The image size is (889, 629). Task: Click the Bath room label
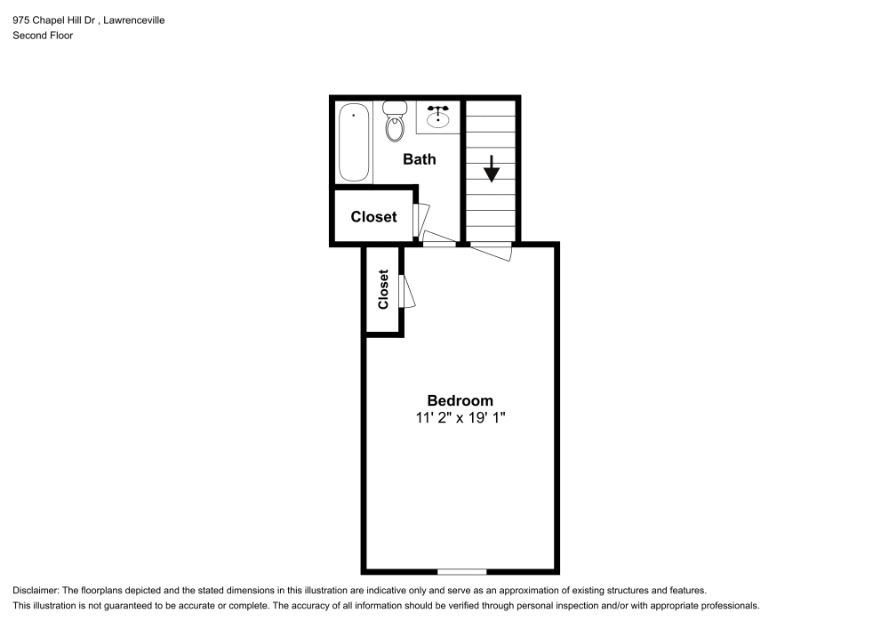pos(420,160)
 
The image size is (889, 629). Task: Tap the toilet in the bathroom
pos(394,122)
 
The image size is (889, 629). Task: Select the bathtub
pos(354,142)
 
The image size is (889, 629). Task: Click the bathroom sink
pos(437,117)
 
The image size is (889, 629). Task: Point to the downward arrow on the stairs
pos(491,168)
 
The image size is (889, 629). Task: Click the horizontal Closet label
pos(373,217)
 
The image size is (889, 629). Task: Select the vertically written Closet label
pos(383,289)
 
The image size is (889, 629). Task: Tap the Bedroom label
pos(460,400)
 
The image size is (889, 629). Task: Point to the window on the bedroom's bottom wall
pos(461,570)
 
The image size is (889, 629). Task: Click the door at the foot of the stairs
pos(492,250)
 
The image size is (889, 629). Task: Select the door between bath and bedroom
pos(439,239)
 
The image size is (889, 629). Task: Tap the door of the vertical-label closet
pos(407,292)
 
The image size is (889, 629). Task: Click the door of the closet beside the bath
pos(421,217)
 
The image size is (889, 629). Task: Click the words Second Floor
pos(43,36)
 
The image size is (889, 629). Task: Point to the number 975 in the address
pos(20,20)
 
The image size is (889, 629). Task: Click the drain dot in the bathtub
pos(354,115)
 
